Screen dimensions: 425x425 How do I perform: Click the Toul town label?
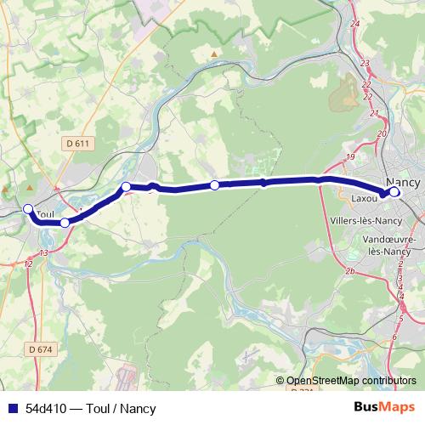(x=45, y=215)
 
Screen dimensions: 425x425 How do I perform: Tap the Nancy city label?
(x=402, y=183)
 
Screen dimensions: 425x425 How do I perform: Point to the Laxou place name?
(x=364, y=200)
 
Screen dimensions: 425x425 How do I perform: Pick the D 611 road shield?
(x=77, y=144)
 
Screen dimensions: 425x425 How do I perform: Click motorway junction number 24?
(x=354, y=23)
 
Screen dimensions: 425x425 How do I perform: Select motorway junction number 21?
(x=370, y=99)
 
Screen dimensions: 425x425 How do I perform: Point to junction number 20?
(x=382, y=134)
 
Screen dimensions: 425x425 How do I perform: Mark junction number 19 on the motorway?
(x=350, y=158)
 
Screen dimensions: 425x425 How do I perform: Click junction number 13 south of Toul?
(x=43, y=253)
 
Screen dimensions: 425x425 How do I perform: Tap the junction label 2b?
(x=348, y=271)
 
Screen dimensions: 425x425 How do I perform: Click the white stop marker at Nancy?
(x=394, y=192)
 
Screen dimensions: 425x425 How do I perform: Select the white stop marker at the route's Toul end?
(x=28, y=209)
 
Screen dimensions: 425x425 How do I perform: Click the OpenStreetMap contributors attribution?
(x=351, y=381)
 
